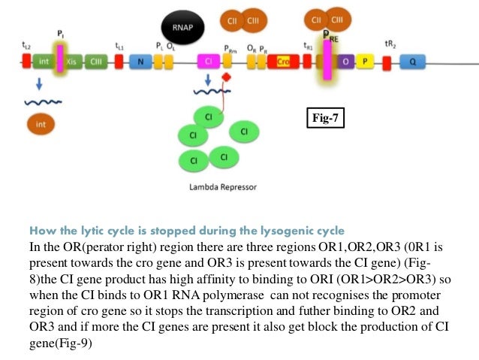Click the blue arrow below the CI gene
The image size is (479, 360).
click(x=207, y=80)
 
